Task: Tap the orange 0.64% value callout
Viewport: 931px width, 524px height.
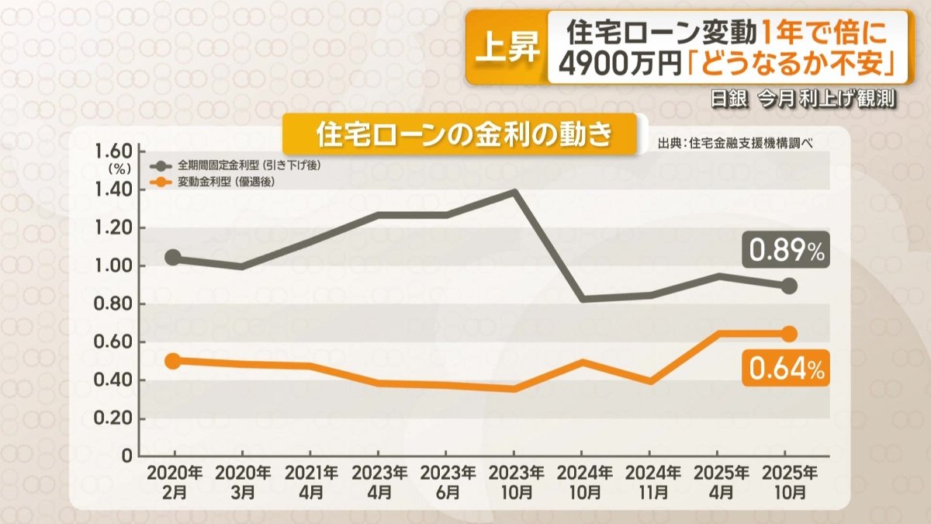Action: [785, 368]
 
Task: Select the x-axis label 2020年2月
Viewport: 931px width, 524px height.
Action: [173, 482]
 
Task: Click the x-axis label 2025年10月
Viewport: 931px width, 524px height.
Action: [788, 482]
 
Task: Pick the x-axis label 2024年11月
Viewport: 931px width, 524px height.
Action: [652, 482]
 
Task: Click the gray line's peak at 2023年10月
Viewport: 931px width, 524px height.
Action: [513, 191]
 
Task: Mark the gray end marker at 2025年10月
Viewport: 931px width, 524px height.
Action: [788, 286]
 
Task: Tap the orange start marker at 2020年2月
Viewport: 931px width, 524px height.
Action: [173, 361]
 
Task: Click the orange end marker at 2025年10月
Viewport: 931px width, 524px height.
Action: [788, 334]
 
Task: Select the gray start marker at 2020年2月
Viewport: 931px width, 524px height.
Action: [173, 258]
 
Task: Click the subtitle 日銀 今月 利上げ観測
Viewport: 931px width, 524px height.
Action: [805, 100]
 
